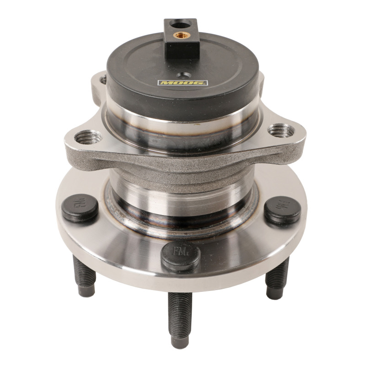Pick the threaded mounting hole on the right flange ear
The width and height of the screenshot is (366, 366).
pos(280,130)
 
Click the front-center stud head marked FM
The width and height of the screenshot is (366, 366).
pos(181,256)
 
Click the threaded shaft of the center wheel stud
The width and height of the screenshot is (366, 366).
pos(180,311)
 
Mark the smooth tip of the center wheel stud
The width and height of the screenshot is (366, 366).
pos(179,340)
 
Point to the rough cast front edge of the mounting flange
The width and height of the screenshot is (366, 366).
pos(183,161)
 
